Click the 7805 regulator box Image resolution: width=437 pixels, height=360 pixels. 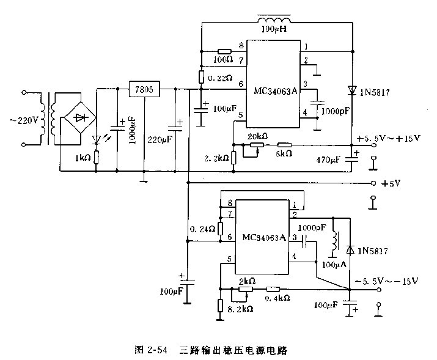click(144, 90)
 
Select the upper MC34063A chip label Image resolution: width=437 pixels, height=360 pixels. click(275, 91)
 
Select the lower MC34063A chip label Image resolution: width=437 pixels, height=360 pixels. click(263, 237)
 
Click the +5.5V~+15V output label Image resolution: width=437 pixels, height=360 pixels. click(392, 138)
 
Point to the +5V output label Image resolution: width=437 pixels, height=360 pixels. click(389, 183)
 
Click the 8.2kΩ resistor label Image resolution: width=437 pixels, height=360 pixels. click(240, 310)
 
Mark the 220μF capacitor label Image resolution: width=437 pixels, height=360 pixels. click(159, 138)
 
